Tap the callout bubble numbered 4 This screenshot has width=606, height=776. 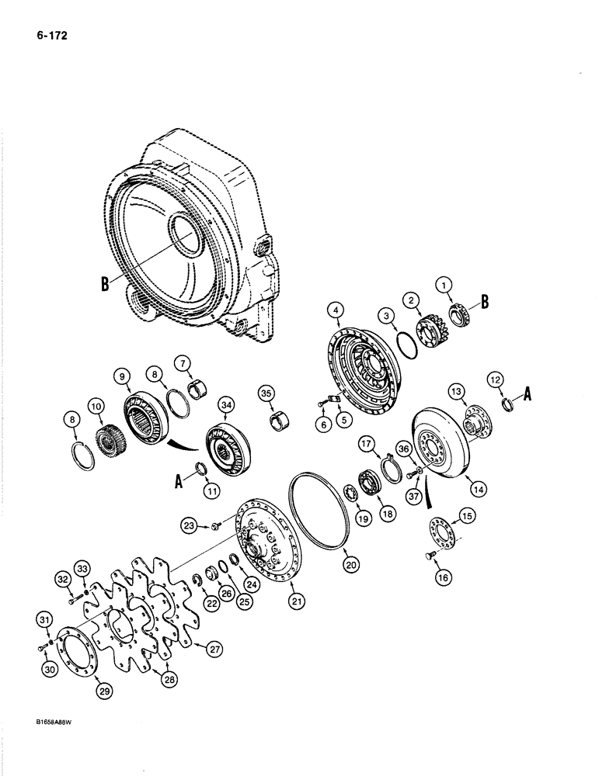tap(336, 311)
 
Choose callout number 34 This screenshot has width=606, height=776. tap(227, 403)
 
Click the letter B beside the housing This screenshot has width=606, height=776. tap(104, 284)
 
